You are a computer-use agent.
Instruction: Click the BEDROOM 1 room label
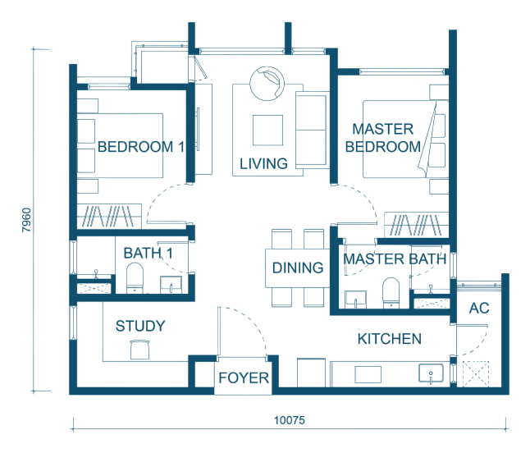coord(140,147)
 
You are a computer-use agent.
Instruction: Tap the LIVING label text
coord(263,164)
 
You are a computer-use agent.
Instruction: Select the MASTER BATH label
coord(395,259)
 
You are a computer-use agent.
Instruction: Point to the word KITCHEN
coord(390,339)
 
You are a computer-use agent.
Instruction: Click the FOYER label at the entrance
coord(244,378)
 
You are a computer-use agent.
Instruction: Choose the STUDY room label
coord(140,327)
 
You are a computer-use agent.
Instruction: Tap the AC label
coord(479,309)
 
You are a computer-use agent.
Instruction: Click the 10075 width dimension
coord(290,420)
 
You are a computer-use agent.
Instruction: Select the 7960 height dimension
coord(26,220)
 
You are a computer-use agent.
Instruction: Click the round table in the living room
coord(267,84)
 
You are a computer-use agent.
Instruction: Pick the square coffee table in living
coord(267,130)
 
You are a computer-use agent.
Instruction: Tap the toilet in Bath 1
coord(135,278)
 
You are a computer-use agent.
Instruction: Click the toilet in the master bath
coord(391,293)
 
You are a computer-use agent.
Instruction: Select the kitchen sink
coord(431,373)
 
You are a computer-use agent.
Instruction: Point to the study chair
coord(139,350)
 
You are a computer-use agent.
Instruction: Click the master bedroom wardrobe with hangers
coord(417,225)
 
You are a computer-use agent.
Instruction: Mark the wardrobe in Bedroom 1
coord(109,216)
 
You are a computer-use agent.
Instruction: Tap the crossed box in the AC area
coord(476,373)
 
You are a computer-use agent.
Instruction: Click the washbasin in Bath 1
coord(171,285)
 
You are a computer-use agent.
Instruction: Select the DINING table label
coord(298,268)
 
